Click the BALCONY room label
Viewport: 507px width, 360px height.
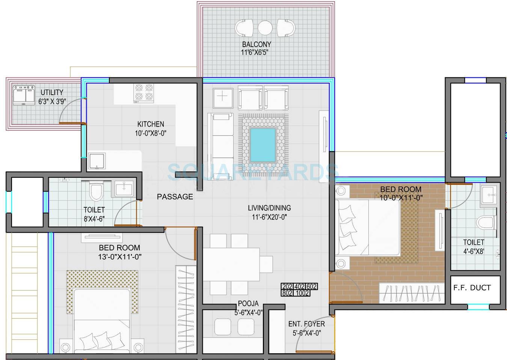click(x=257, y=44)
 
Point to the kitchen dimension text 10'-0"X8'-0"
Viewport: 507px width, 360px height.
click(x=151, y=133)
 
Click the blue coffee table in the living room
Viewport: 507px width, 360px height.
click(x=263, y=144)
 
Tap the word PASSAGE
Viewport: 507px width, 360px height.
click(x=175, y=197)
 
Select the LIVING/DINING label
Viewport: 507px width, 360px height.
click(x=269, y=208)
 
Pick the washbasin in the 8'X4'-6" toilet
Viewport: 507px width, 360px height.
click(x=124, y=188)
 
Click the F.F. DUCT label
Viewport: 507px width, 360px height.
click(x=472, y=288)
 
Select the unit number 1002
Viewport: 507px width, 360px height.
click(x=302, y=293)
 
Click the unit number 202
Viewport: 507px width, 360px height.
click(x=287, y=287)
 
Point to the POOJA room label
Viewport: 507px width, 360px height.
click(x=248, y=304)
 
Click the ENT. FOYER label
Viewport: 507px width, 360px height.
click(x=306, y=324)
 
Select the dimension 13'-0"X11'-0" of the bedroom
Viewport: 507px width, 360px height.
click(x=119, y=257)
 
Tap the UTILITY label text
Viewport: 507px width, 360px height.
click(x=52, y=92)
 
